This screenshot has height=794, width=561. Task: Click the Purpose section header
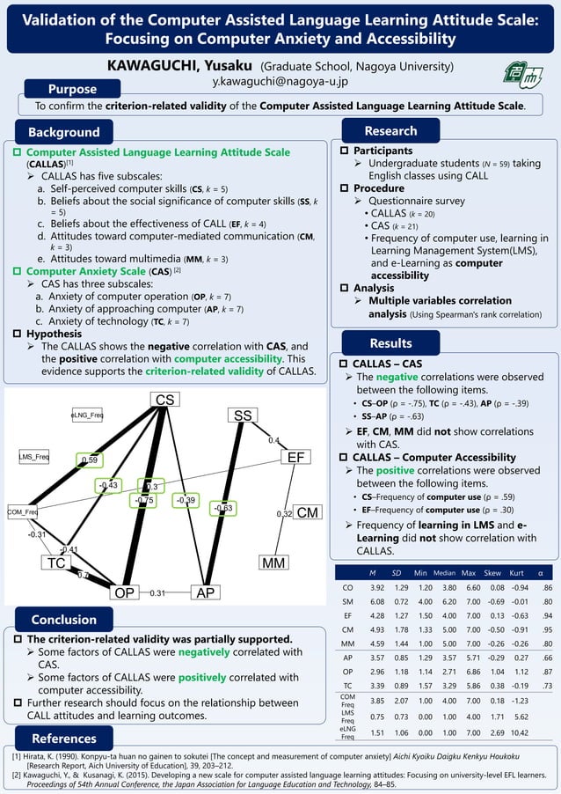[72, 89]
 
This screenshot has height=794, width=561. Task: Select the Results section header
[390, 342]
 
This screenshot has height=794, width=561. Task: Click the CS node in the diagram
[164, 401]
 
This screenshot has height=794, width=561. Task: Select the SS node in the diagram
[244, 415]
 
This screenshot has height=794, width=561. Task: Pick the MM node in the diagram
[276, 561]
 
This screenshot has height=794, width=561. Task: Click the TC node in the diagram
[56, 562]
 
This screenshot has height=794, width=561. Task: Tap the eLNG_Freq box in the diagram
[87, 415]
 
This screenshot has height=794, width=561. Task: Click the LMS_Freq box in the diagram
[37, 457]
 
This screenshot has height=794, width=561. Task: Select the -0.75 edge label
[145, 500]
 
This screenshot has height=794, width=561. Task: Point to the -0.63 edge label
[222, 508]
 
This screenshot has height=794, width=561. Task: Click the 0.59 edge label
[89, 459]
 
